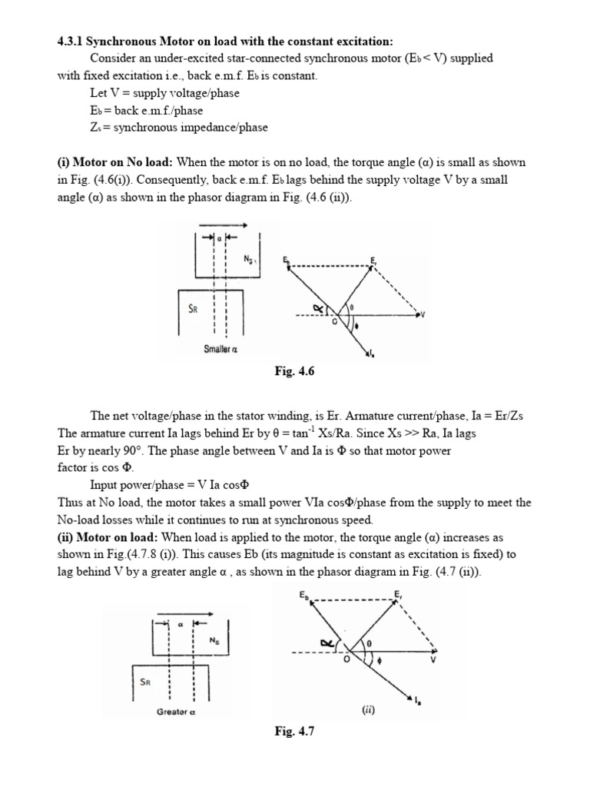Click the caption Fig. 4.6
pyautogui.click(x=295, y=372)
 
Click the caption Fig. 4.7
pyautogui.click(x=295, y=732)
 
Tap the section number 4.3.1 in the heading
pyautogui.click(x=74, y=41)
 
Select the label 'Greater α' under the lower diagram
pyautogui.click(x=178, y=712)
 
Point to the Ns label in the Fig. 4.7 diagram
pyautogui.click(x=214, y=639)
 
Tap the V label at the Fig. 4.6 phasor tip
pyautogui.click(x=424, y=314)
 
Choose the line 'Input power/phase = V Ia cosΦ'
pyautogui.click(x=171, y=486)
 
